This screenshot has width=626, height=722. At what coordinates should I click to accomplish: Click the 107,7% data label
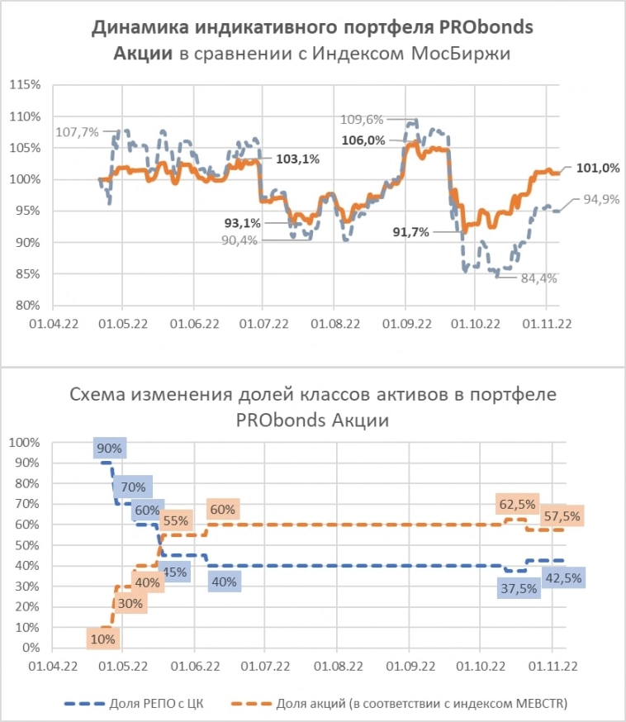[78, 131]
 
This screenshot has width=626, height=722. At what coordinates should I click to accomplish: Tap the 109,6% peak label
[363, 119]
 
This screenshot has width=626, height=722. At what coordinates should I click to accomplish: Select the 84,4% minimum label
[538, 278]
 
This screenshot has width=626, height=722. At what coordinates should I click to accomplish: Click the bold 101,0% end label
[598, 169]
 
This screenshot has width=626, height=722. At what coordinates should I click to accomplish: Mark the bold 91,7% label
[410, 233]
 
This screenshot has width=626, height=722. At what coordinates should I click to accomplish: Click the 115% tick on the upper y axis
[25, 85]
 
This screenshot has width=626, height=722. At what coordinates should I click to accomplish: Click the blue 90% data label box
[109, 449]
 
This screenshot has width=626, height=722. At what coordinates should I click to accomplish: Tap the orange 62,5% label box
[516, 504]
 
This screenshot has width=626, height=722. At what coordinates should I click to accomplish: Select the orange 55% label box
[175, 520]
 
